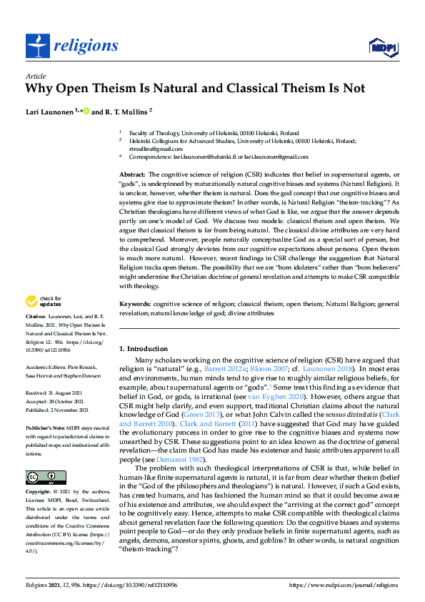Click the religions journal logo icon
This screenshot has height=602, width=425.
click(36, 46)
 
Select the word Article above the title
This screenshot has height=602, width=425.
click(36, 76)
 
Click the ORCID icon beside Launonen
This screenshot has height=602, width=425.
click(86, 112)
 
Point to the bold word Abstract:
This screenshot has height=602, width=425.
click(132, 174)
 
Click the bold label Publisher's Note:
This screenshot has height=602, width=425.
click(44, 425)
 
